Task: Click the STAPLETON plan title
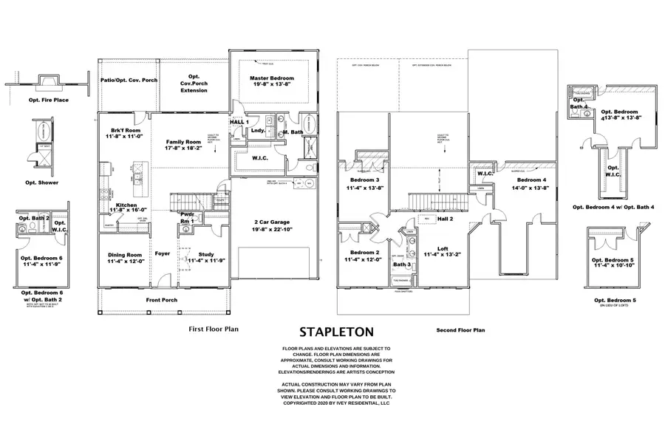point(335,332)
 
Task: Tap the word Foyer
point(163,253)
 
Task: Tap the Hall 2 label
point(444,219)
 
